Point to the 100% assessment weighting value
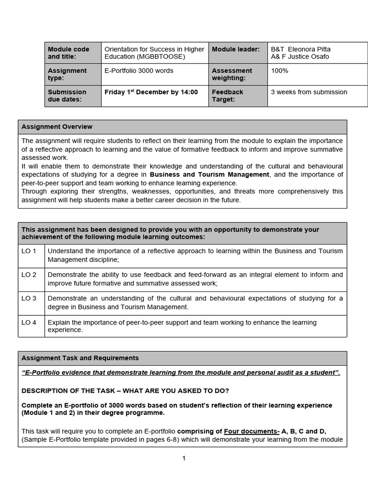pyautogui.click(x=279, y=71)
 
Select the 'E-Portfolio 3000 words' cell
pyautogui.click(x=139, y=71)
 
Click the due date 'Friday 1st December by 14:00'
pyautogui.click(x=151, y=92)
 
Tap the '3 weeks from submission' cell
pyautogui.click(x=309, y=92)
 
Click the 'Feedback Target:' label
pyautogui.click(x=228, y=95)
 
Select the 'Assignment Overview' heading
pyautogui.click(x=57, y=127)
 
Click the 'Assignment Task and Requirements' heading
pyautogui.click(x=80, y=358)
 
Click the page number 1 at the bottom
pyautogui.click(x=184, y=458)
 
